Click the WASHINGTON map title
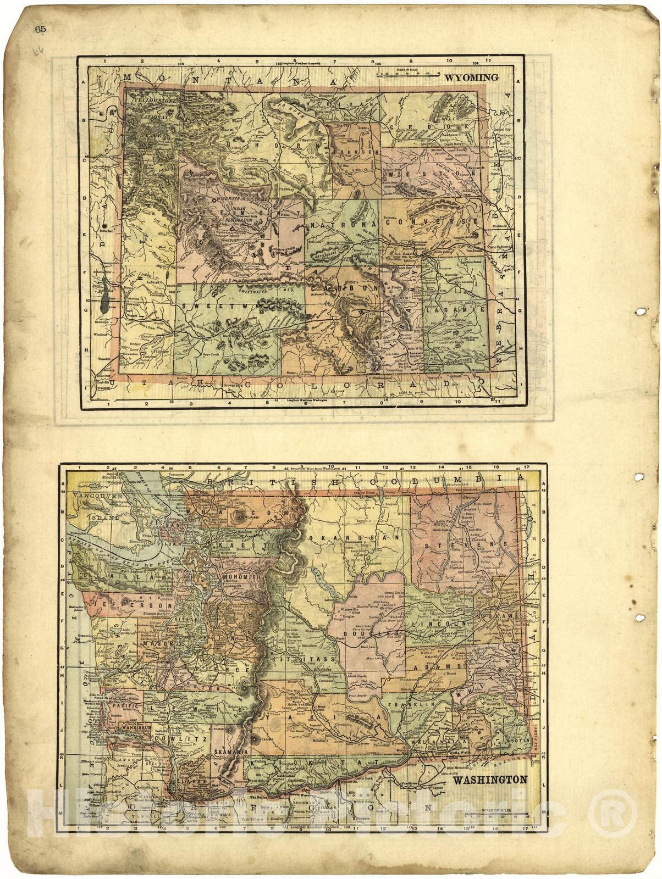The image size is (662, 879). (490, 779)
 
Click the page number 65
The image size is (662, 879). (40, 30)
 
